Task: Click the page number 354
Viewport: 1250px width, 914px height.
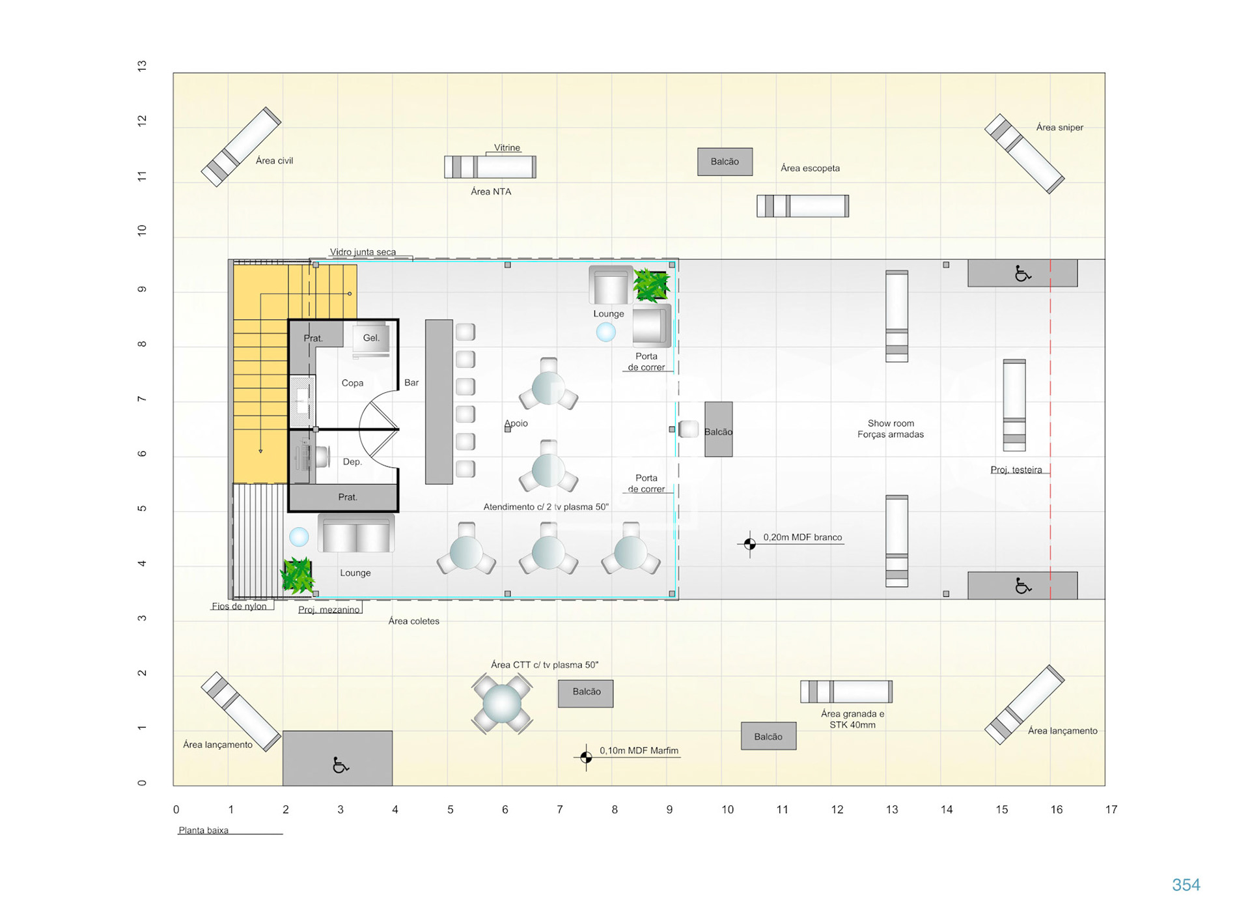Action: tap(1186, 885)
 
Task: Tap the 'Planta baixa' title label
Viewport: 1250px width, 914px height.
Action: tap(203, 830)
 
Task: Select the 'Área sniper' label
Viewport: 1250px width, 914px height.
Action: tap(1059, 127)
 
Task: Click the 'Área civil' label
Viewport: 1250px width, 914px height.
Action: tap(274, 160)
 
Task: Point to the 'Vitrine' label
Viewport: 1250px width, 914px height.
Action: tap(507, 147)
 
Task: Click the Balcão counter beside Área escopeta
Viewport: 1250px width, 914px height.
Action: tap(725, 162)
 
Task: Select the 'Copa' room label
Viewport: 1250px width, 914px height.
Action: tap(352, 382)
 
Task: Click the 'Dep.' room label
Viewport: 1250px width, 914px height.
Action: tap(352, 461)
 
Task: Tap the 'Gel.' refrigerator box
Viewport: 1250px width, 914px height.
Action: tap(371, 338)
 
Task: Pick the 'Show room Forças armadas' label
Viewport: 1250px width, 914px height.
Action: tap(890, 429)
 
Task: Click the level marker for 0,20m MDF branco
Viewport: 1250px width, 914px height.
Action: tap(749, 543)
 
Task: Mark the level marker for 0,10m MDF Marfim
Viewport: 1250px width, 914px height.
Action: tap(586, 757)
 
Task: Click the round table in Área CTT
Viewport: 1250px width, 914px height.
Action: tap(501, 704)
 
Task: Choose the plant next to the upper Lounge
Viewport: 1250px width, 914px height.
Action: tap(651, 285)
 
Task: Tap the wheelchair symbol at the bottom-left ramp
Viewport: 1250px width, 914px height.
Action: tap(340, 764)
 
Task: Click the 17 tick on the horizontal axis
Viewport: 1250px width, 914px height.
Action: tap(1111, 809)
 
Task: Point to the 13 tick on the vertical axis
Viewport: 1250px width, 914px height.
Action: tap(142, 66)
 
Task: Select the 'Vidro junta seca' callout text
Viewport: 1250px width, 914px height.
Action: tap(363, 252)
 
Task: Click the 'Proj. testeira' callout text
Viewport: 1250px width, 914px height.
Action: tap(1016, 470)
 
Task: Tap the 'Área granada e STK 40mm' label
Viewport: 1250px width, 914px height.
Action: tap(852, 719)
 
